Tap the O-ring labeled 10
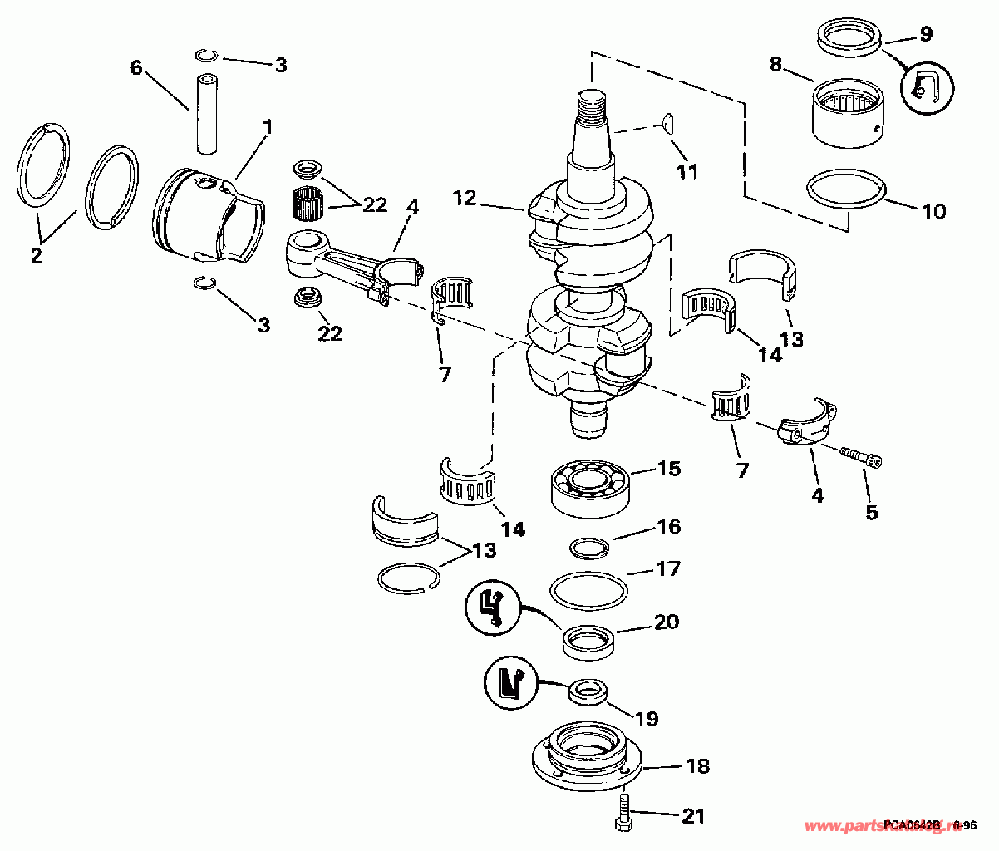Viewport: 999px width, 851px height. (845, 197)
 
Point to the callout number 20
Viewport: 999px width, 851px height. (667, 622)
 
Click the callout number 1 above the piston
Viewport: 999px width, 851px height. (268, 127)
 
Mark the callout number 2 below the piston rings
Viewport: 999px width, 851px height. (36, 256)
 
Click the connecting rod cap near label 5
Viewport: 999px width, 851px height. (805, 424)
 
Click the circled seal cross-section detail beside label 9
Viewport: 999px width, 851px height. (928, 86)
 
